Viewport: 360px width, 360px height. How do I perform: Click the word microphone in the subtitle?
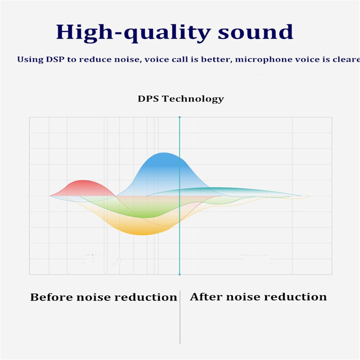tap(264, 59)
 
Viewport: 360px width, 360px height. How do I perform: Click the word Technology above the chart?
tap(193, 99)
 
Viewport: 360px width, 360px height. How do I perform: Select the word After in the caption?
tap(207, 297)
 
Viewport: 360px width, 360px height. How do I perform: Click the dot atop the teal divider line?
tap(179, 117)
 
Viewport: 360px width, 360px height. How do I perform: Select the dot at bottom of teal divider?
tap(179, 275)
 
